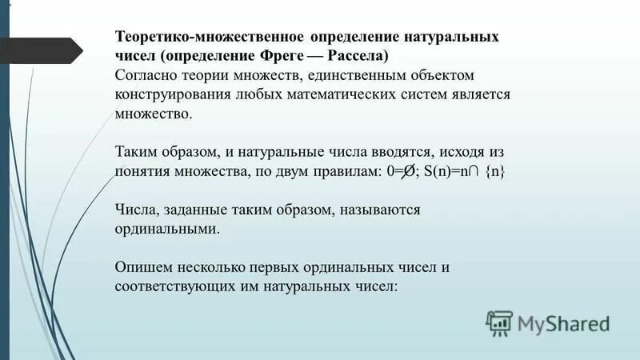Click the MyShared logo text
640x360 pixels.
pyautogui.click(x=562, y=323)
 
